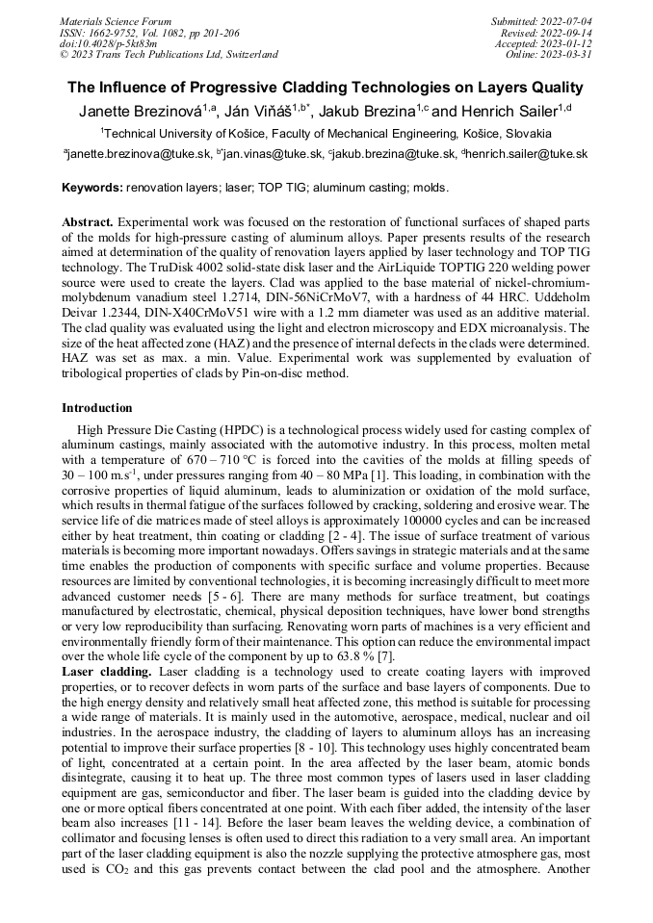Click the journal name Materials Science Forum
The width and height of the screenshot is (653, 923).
point(116,21)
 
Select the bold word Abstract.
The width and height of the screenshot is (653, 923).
point(88,221)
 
